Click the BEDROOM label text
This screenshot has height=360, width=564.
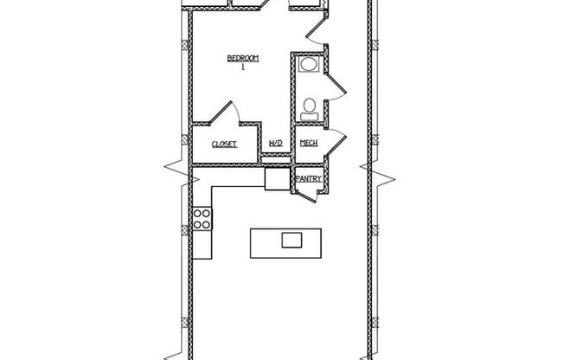243,58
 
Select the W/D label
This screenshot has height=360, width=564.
275,144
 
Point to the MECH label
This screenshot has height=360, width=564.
307,144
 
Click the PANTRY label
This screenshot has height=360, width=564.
309,179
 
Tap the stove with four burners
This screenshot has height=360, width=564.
202,220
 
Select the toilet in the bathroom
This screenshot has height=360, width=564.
309,108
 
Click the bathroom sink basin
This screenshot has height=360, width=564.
308,65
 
